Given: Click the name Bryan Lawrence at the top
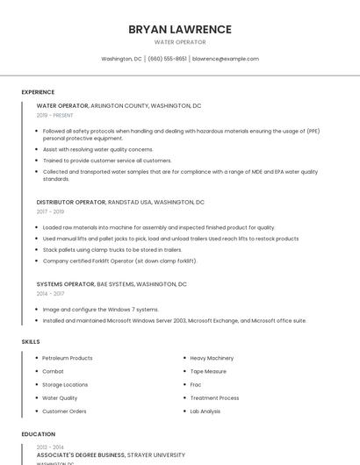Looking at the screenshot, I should coord(180,29).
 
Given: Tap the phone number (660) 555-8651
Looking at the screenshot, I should coord(167,59).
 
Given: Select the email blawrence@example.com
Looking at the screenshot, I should coord(226,59).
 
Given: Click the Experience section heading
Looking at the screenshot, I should coord(38,92).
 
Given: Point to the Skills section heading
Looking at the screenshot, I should coord(31,340).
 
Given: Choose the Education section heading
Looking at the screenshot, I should coord(38,434).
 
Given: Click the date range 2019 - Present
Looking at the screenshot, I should coord(55,115).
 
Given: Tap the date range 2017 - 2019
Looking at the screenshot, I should coord(50,211).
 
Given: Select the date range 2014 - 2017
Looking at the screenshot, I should coord(50,294).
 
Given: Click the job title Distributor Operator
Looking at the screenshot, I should coord(71,202).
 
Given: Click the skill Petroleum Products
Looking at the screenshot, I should coord(68,358).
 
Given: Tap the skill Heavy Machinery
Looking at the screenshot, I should coord(212,358).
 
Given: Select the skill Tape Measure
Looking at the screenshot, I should coord(208,371).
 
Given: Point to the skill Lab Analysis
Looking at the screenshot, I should coord(205,411).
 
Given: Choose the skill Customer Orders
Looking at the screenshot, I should coord(64,411).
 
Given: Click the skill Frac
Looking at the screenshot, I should coord(196,384).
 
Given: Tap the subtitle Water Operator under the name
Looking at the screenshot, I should coord(180,42).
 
